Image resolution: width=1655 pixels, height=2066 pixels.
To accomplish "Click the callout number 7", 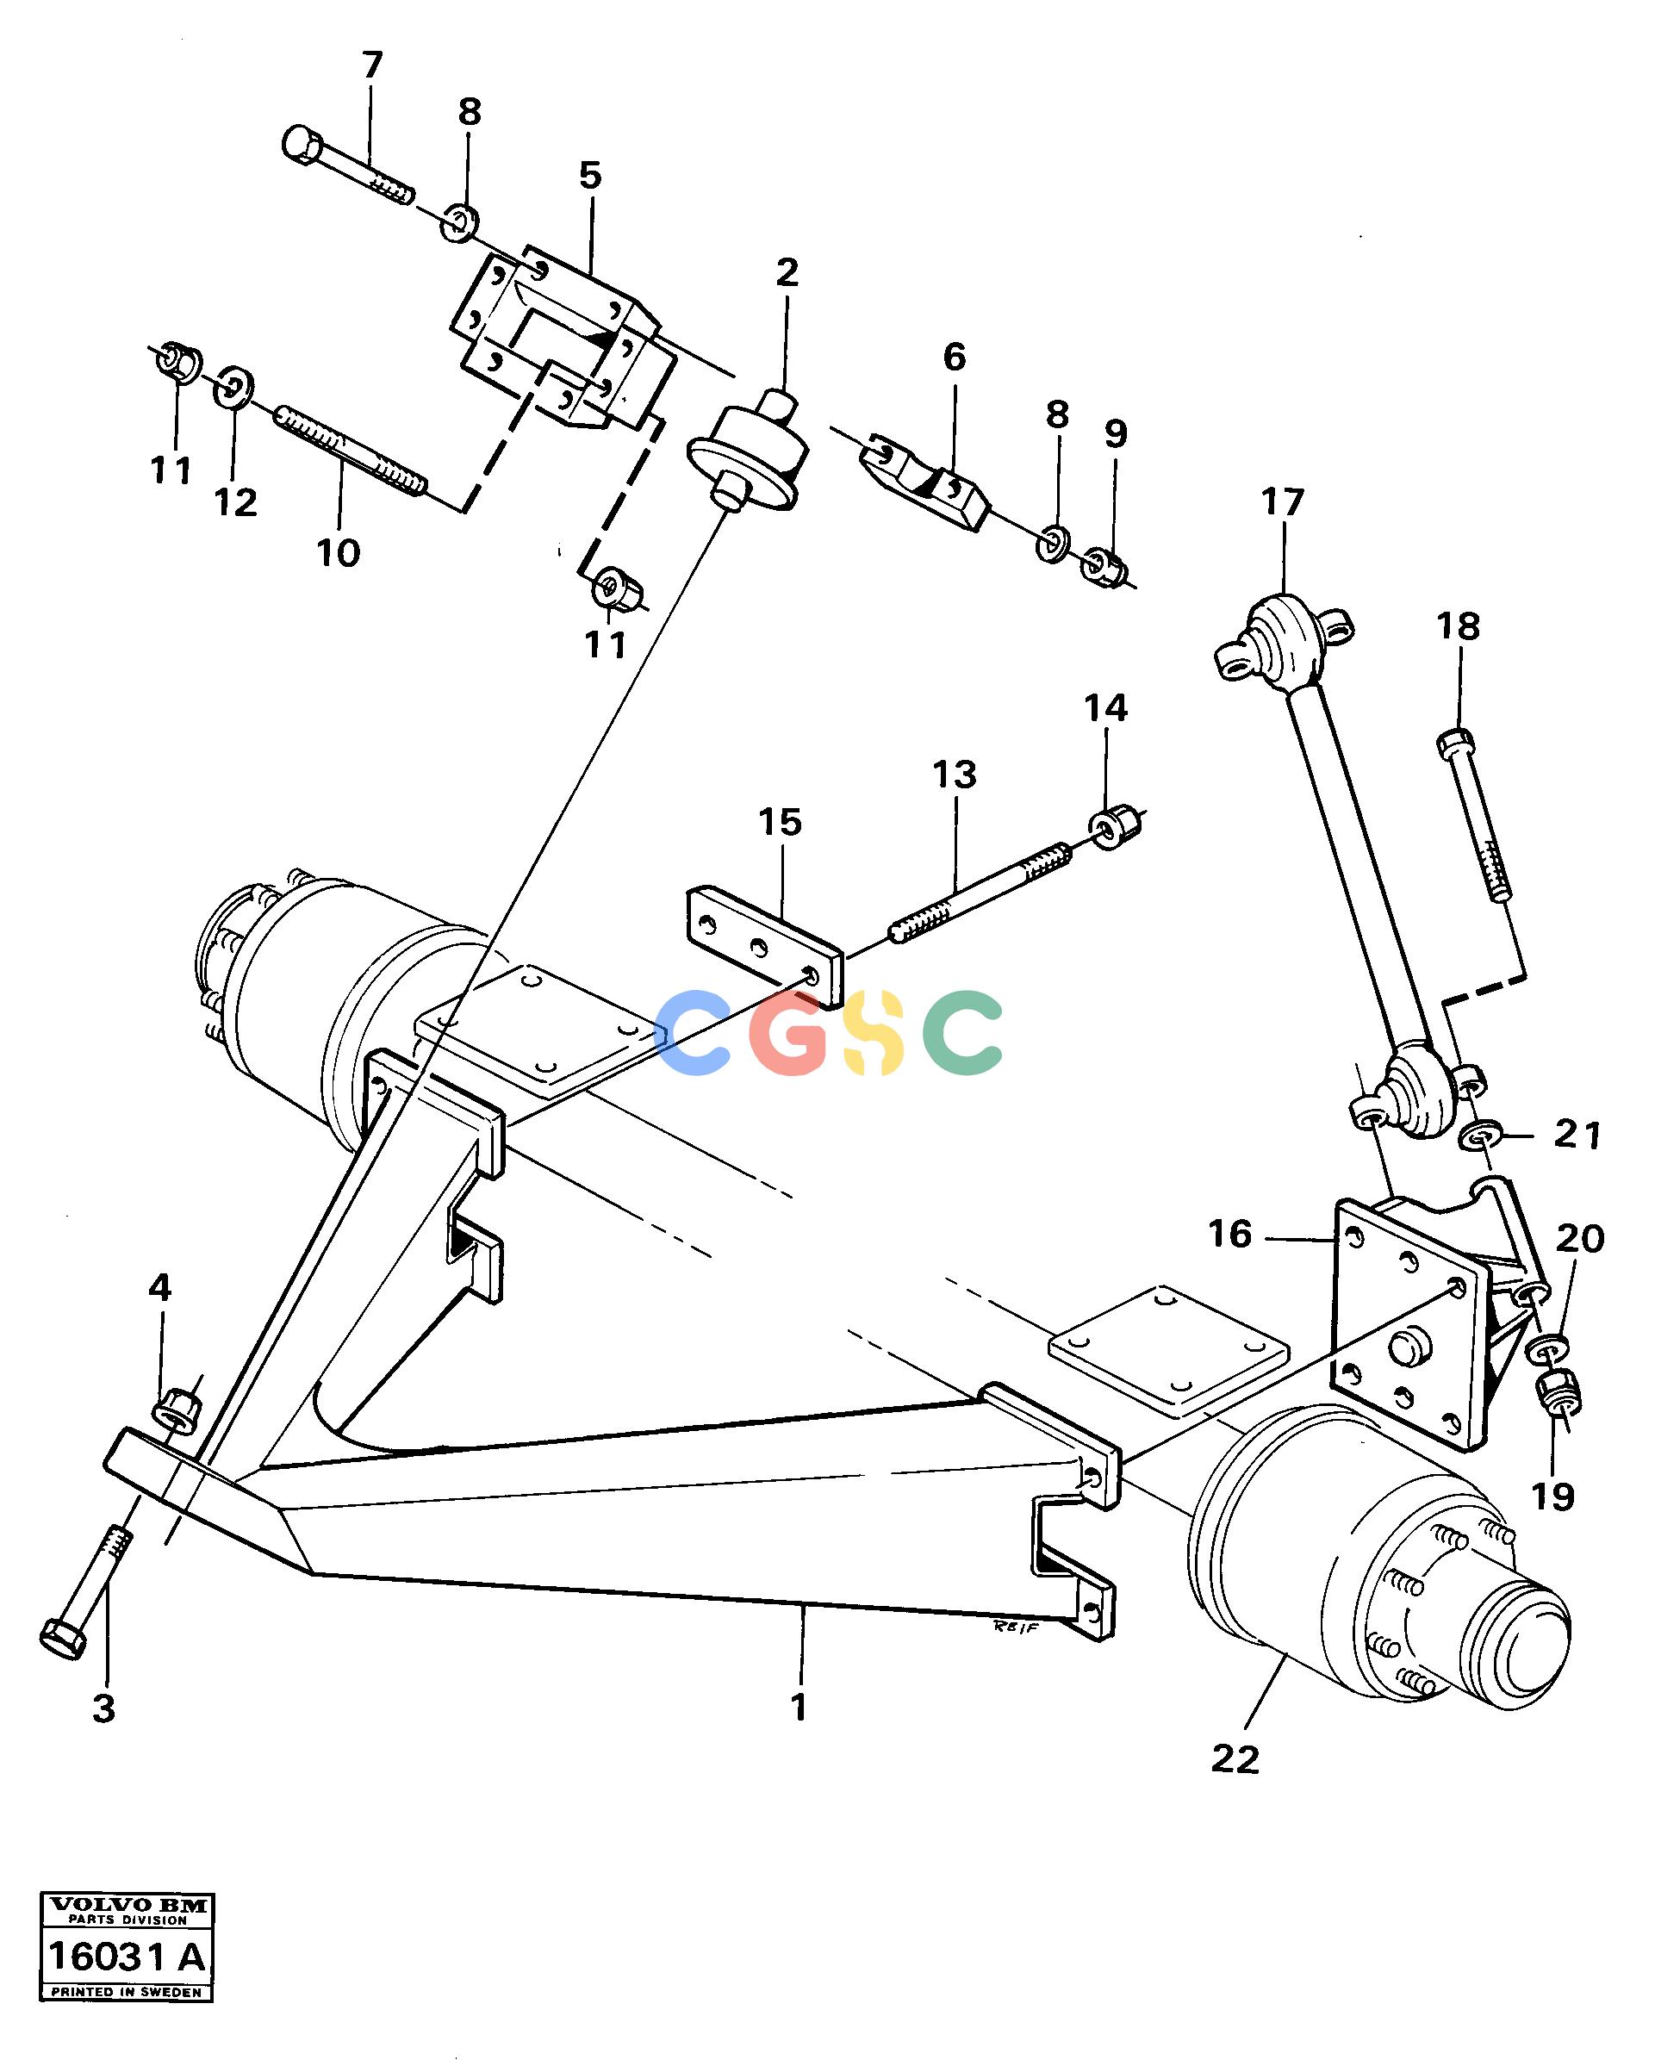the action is [x=372, y=66].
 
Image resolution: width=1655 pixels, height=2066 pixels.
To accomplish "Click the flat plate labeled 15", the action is [x=764, y=947].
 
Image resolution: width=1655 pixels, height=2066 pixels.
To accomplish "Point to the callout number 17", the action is [x=1282, y=502].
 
